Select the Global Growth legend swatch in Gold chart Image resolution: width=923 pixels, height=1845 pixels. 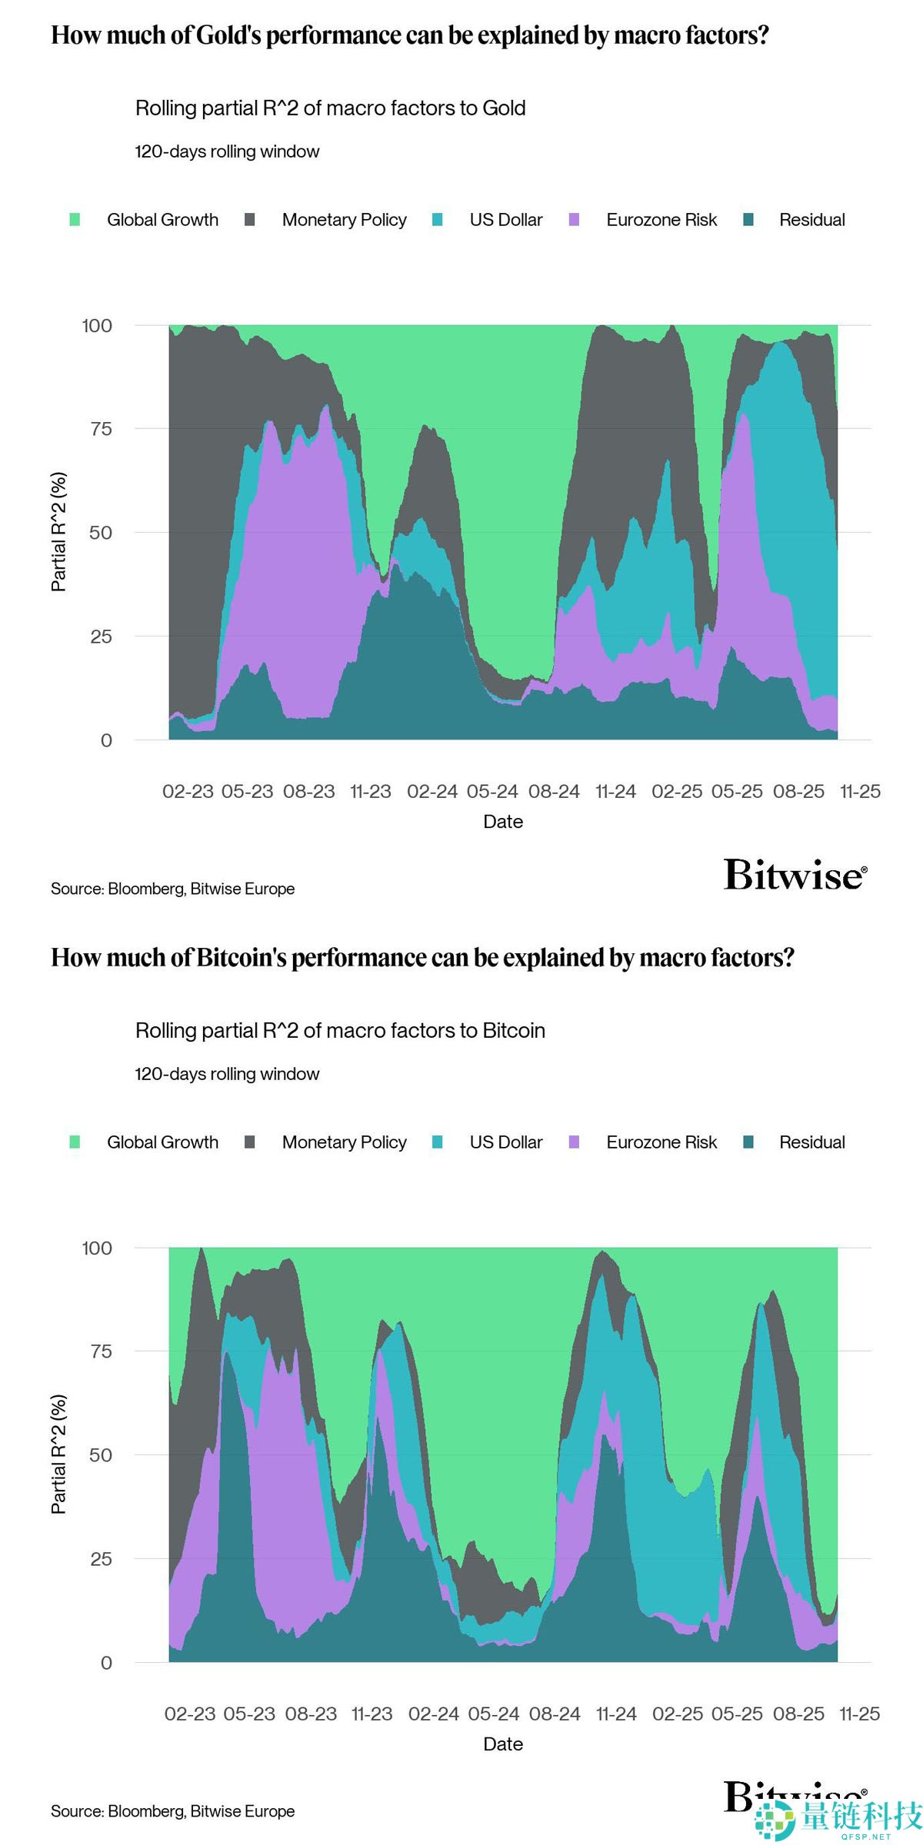point(75,220)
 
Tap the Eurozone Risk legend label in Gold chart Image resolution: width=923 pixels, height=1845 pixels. point(661,220)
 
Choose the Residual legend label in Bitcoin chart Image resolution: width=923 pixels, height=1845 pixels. point(811,1142)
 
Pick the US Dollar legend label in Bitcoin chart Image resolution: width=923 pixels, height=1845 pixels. point(505,1142)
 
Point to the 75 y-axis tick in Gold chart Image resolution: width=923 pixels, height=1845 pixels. point(101,429)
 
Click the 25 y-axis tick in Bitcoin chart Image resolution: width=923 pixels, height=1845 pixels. point(101,1559)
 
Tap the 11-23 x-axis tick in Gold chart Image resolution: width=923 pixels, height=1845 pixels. point(370,792)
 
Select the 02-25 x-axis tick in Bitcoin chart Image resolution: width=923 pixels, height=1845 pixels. point(677,1714)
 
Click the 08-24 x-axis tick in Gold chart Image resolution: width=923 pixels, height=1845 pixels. point(554,792)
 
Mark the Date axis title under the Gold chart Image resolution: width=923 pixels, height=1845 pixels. point(503,822)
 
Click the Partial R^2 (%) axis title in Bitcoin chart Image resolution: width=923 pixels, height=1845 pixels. point(58,1454)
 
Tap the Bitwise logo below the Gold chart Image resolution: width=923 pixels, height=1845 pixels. point(795,876)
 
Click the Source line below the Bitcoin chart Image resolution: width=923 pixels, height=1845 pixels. point(172,1811)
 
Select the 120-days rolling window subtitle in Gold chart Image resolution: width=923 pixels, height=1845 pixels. point(227,151)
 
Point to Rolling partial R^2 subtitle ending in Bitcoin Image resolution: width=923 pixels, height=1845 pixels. point(340,1031)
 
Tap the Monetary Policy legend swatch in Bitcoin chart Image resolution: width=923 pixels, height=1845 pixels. point(249,1142)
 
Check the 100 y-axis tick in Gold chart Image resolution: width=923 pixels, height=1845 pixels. point(97,326)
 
